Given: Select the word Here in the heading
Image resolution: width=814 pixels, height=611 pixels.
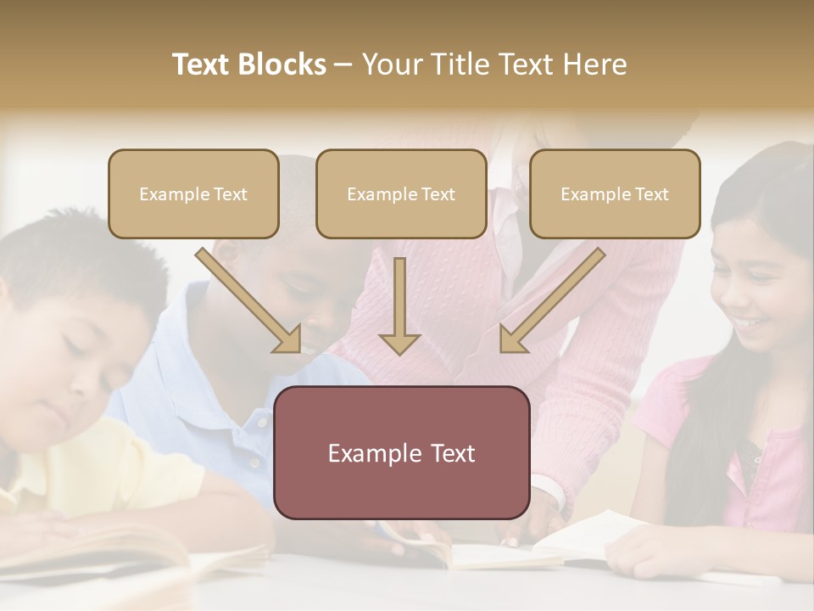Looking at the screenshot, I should click(593, 64).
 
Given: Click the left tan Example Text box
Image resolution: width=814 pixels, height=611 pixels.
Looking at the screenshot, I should click(193, 193).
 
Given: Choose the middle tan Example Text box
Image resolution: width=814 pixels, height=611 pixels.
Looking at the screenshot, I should click(401, 193).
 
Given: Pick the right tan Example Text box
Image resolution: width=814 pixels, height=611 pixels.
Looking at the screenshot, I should click(615, 193).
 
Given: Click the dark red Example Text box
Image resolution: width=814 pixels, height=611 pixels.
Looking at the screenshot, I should click(402, 452).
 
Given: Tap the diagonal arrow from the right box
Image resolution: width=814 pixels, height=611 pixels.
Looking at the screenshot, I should click(551, 300).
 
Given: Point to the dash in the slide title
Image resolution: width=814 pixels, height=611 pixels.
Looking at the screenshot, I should click(344, 65).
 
